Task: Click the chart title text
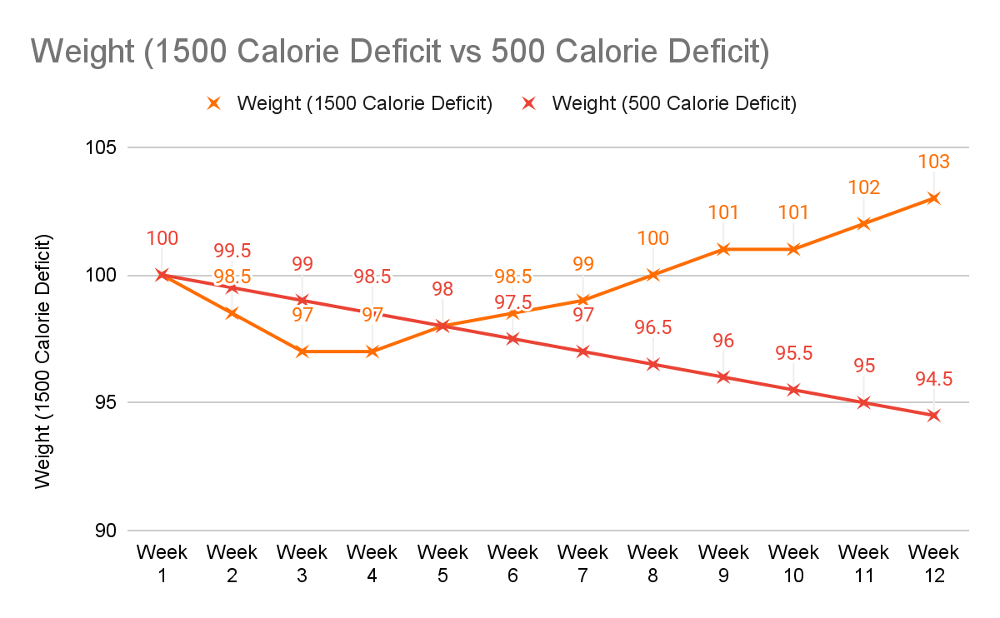click(400, 52)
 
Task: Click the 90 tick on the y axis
click(107, 531)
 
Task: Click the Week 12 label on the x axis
click(933, 563)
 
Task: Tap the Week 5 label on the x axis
click(442, 563)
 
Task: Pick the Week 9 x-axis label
click(723, 563)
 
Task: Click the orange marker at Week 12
click(933, 198)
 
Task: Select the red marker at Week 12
click(933, 415)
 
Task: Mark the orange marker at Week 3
click(302, 351)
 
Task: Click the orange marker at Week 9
click(723, 249)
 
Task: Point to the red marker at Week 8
click(653, 364)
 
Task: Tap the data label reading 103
click(933, 162)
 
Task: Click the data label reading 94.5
click(933, 379)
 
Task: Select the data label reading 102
click(863, 187)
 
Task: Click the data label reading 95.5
click(793, 353)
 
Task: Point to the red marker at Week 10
click(793, 390)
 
